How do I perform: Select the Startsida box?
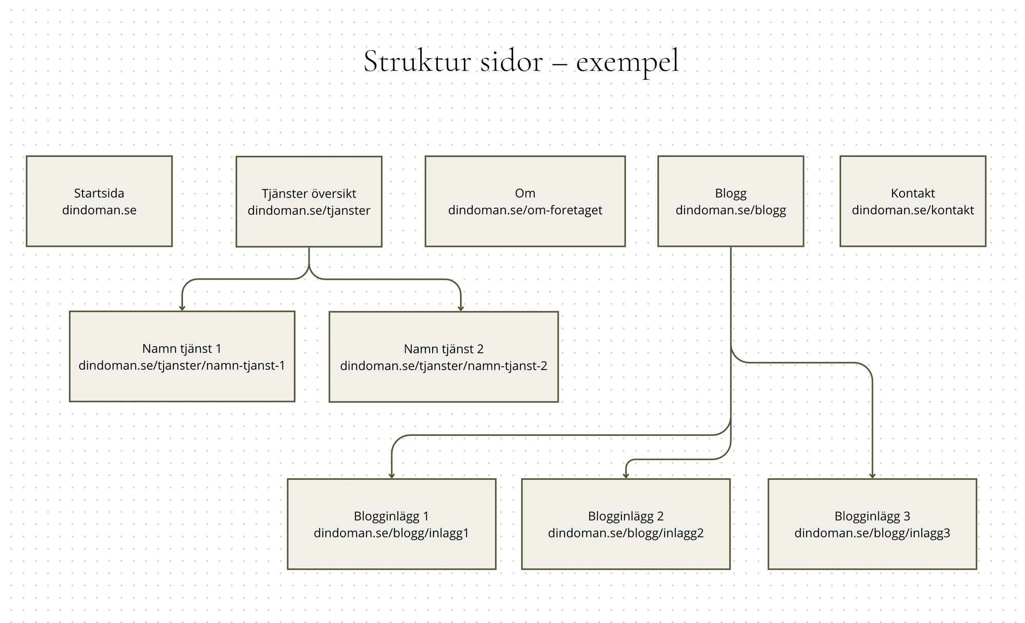(x=99, y=201)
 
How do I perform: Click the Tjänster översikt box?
(x=309, y=202)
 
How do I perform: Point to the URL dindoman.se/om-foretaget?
(x=525, y=210)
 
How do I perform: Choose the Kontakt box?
(x=913, y=201)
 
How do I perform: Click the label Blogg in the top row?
(x=731, y=193)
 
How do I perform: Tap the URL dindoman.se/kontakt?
(x=913, y=210)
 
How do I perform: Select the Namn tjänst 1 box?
(x=182, y=357)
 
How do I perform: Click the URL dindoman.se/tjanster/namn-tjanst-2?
(x=444, y=366)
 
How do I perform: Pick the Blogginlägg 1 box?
(x=392, y=524)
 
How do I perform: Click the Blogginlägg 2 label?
(x=626, y=516)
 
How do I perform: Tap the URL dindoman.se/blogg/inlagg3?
(x=872, y=533)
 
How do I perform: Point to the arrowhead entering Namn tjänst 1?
(x=182, y=308)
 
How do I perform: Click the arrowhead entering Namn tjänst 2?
(x=460, y=309)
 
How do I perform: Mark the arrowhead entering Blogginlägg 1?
(x=392, y=476)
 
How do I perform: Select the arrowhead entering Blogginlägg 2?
(x=626, y=476)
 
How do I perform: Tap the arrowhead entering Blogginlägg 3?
(x=872, y=476)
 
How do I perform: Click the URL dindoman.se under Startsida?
(x=99, y=210)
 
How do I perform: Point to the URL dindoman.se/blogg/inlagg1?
(x=392, y=533)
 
